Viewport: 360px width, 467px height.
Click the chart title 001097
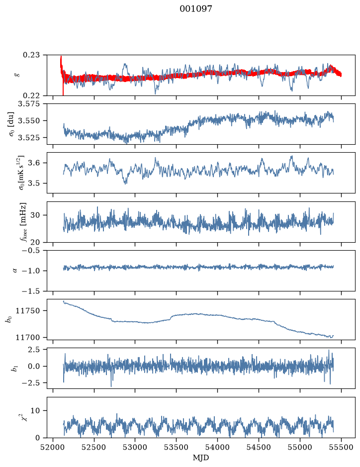coord(195,9)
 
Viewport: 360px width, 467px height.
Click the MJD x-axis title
coord(201,458)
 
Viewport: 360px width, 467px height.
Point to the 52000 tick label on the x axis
coord(53,447)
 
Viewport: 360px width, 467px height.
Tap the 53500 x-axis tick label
coord(177,447)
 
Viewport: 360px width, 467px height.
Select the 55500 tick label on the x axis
coord(341,447)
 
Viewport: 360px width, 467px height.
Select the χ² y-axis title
coord(25,417)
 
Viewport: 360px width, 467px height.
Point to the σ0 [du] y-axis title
coord(11,124)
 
